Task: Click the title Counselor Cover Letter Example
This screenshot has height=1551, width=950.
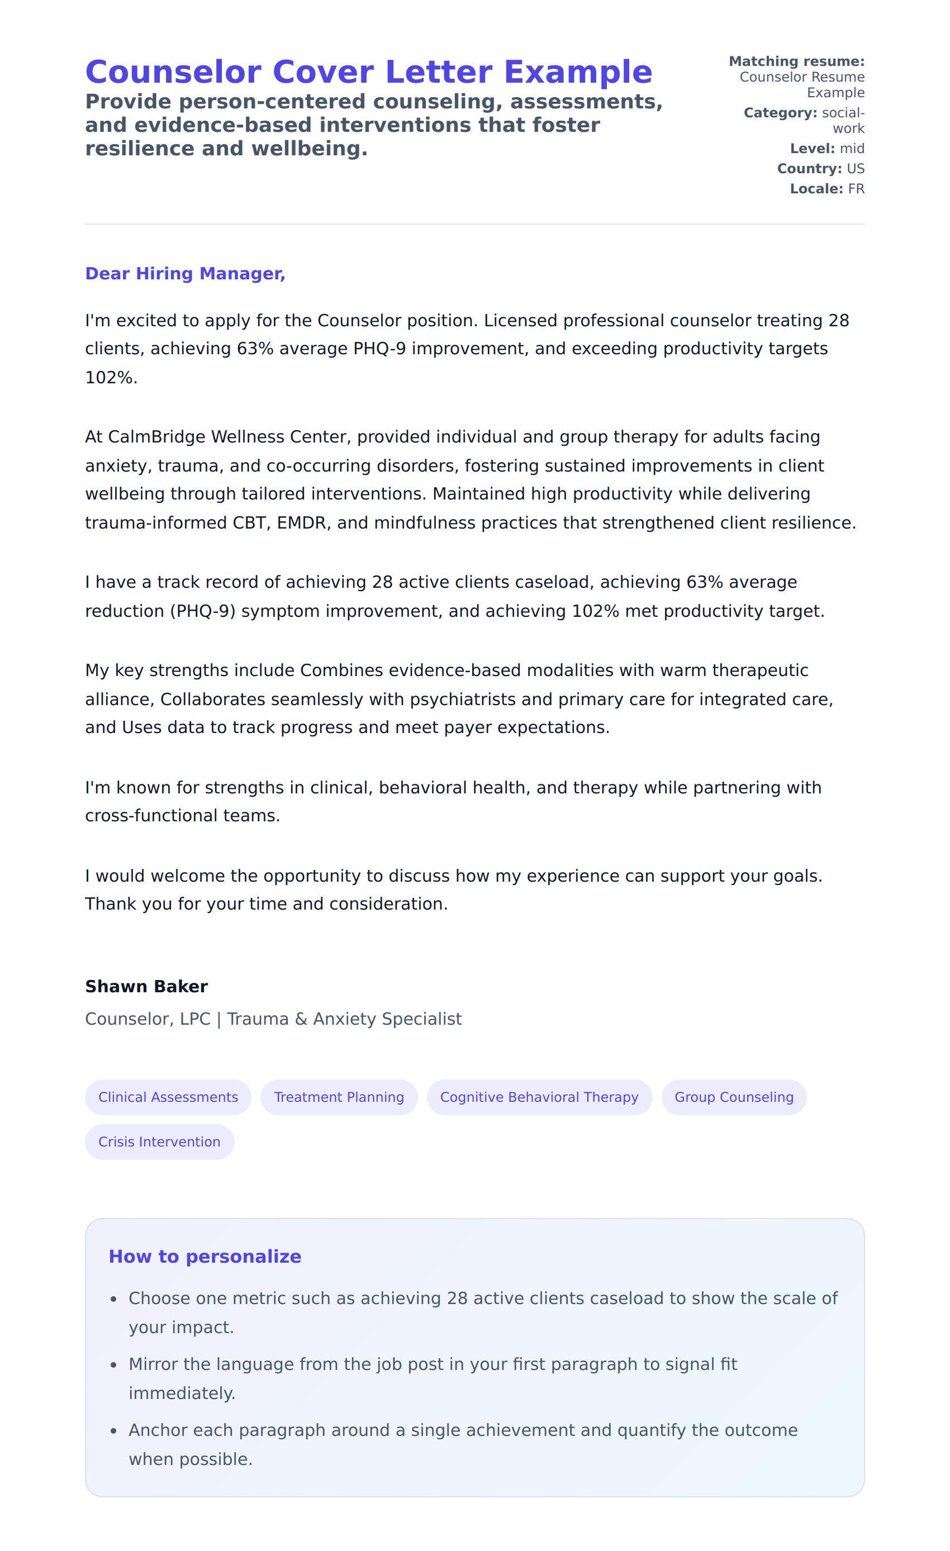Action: (368, 72)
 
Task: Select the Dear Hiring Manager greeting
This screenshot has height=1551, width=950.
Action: (185, 273)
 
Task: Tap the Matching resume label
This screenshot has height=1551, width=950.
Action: (796, 61)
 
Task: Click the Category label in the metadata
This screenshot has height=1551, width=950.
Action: (780, 113)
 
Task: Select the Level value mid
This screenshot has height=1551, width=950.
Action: (852, 149)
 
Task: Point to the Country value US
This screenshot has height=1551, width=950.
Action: (855, 169)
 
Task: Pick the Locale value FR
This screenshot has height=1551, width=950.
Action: (856, 189)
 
